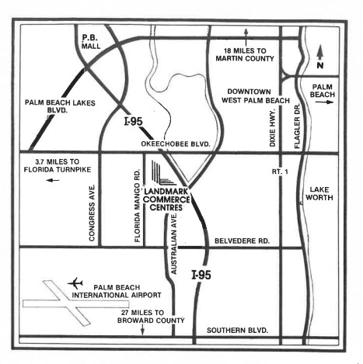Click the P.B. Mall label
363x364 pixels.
tap(91, 42)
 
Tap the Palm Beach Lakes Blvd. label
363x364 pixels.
tap(60, 106)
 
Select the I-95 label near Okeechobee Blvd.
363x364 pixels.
tap(134, 121)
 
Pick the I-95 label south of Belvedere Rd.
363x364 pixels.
tap(201, 275)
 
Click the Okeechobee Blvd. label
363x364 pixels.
tap(176, 144)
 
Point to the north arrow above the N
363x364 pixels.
tap(320, 52)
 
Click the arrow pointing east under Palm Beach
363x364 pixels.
tap(324, 102)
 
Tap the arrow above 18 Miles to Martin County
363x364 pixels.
tap(246, 37)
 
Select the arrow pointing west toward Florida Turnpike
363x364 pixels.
tap(53, 180)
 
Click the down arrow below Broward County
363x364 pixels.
tap(142, 330)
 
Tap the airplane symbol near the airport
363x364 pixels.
tap(75, 283)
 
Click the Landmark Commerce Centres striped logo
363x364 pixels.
tap(163, 173)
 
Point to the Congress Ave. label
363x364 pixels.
tap(92, 213)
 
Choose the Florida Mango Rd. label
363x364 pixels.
tap(138, 206)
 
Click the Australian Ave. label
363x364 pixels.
tap(174, 244)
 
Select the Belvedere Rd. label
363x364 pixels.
tap(242, 241)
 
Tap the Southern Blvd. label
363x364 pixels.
tap(237, 331)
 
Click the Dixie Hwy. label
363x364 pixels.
tap(272, 127)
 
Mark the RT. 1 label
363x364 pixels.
tap(280, 172)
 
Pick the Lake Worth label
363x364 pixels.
tap(319, 193)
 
